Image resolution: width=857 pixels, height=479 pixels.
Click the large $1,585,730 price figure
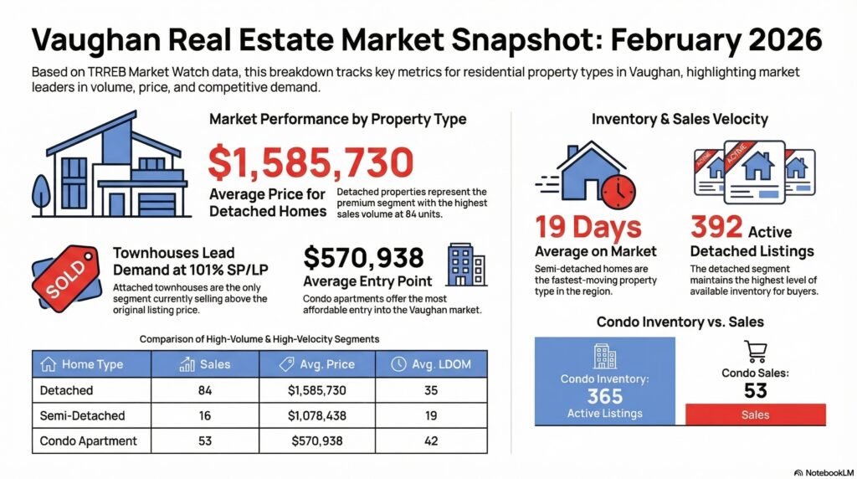click(x=311, y=164)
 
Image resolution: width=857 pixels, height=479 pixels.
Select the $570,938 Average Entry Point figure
click(x=363, y=257)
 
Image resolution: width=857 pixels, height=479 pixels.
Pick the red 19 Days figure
click(x=588, y=227)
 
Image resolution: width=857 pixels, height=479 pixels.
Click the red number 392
click(x=717, y=227)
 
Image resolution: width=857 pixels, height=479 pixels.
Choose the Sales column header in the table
click(x=205, y=364)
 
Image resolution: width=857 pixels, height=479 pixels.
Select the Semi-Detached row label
click(x=82, y=415)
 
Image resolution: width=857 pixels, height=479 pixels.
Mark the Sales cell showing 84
click(x=205, y=390)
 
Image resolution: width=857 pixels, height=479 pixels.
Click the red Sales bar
click(x=755, y=415)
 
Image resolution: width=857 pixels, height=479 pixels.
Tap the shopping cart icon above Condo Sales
click(x=755, y=352)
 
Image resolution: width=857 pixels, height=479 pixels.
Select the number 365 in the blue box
click(x=604, y=396)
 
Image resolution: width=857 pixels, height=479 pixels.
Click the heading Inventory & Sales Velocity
click(x=680, y=120)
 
